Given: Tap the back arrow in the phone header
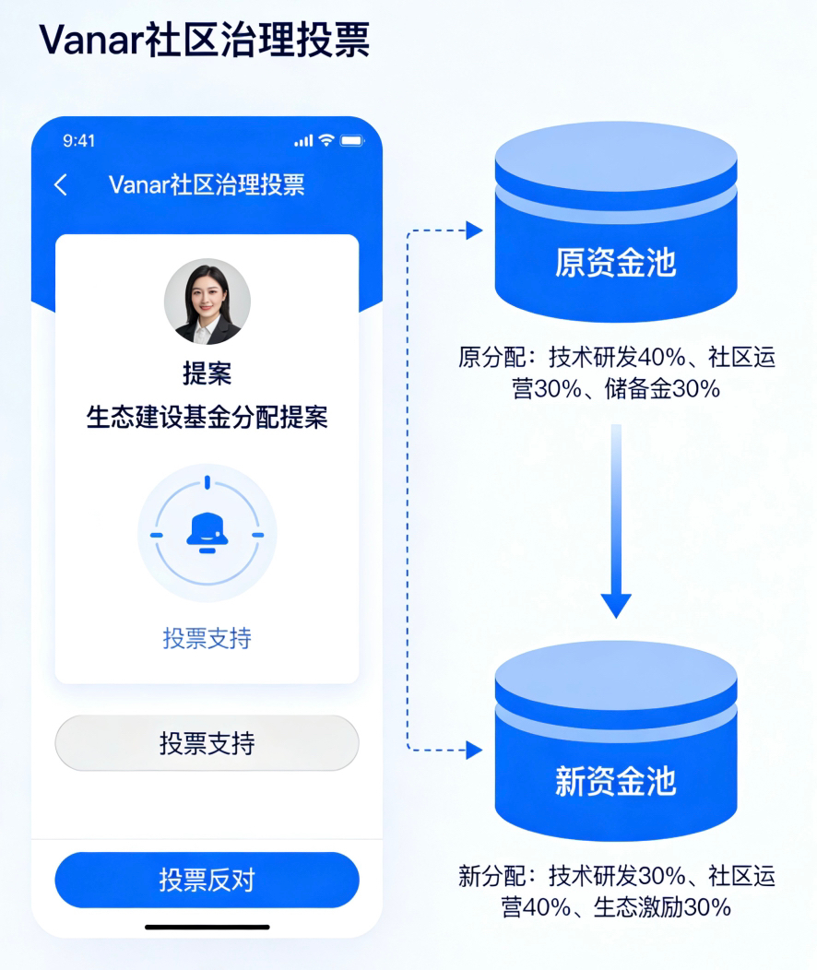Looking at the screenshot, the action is pos(61,184).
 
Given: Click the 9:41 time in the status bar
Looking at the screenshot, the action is pos(79,141).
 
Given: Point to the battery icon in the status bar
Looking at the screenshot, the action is pos(352,141).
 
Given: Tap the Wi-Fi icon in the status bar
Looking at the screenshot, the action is pos(326,141).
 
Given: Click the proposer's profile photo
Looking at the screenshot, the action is pos(207,302).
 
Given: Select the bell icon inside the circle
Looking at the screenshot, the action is pos(207,533).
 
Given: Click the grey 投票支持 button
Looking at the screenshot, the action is pos(207,743).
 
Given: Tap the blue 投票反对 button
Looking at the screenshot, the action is pos(207,880).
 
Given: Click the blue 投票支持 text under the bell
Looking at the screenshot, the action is pos(207,638).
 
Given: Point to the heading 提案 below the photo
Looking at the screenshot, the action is pos(207,374).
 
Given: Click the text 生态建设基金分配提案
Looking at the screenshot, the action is pos(207,418).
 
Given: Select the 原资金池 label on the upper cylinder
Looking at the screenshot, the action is pos(615,262).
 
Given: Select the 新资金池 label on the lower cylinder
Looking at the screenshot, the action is pos(615,780).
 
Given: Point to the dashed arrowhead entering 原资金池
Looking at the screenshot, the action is pos(474,231).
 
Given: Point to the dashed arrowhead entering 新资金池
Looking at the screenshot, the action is pos(474,751).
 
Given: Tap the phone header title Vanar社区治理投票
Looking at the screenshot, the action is pos(207,184).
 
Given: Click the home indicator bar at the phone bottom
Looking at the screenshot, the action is pos(207,927).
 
